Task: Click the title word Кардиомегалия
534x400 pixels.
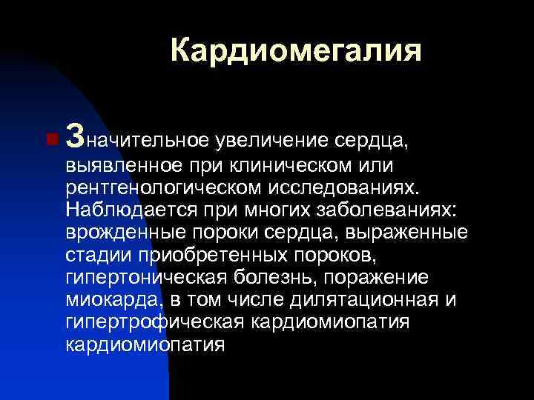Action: [x=295, y=51]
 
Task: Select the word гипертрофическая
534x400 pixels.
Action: [x=155, y=323]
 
